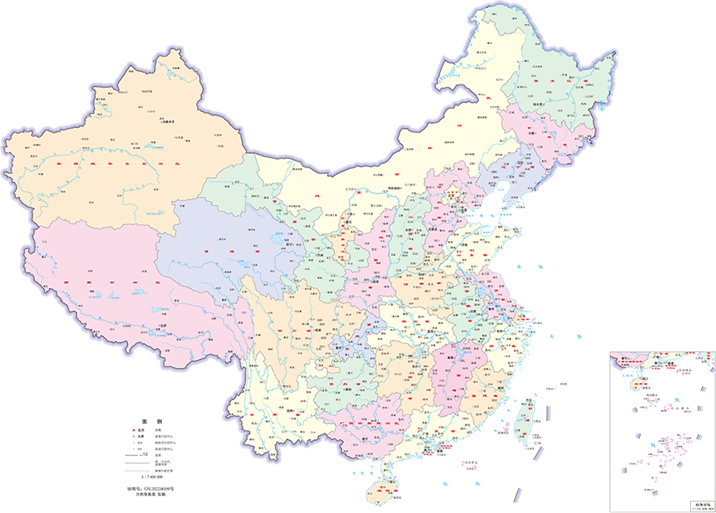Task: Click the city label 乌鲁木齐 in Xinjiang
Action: [171, 122]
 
